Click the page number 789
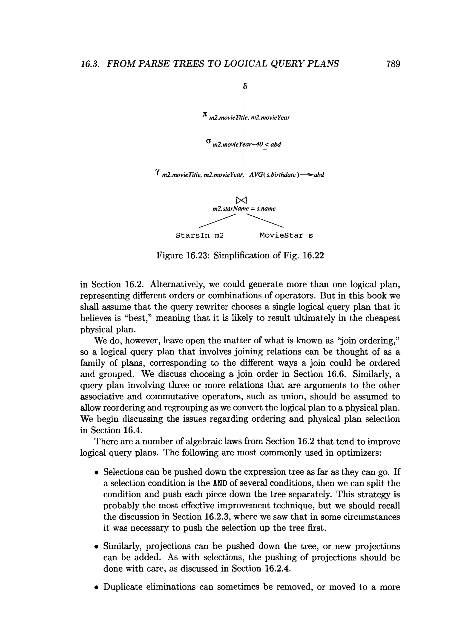[393, 64]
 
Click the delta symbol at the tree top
[245, 86]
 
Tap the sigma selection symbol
[208, 141]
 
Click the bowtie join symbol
[241, 200]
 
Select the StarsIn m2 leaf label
[199, 235]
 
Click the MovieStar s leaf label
[286, 235]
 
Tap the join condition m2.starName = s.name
[244, 209]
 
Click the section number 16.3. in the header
[90, 64]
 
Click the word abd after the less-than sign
[276, 144]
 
